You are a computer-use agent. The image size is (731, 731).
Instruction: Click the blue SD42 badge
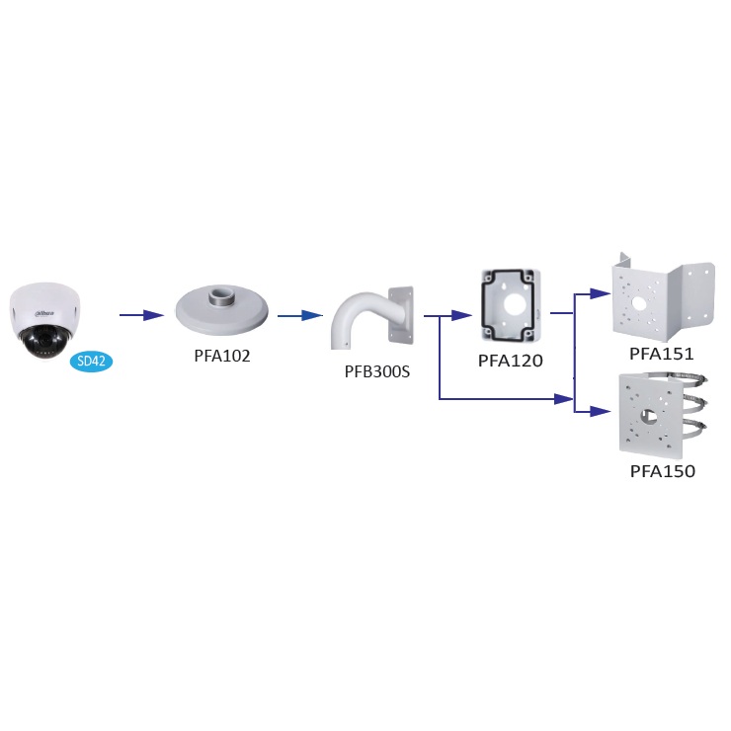92,362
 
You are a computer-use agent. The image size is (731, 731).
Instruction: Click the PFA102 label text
222,356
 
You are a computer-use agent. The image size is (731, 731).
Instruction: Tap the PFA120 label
511,361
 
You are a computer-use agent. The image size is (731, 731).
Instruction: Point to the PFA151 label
662,353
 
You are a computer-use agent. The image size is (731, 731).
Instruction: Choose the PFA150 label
662,471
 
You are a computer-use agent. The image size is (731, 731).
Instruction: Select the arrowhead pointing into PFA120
462,315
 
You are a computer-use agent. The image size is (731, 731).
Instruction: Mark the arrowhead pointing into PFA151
598,292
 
